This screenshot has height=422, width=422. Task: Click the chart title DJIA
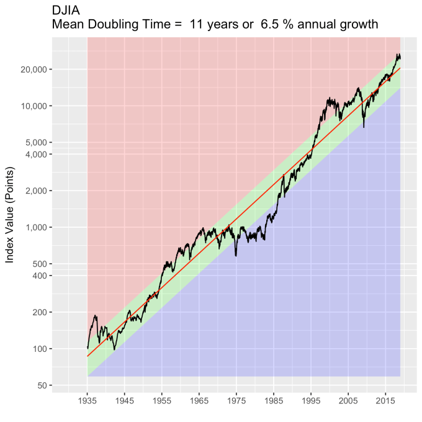pos(66,11)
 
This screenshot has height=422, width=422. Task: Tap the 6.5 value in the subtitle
pos(282,25)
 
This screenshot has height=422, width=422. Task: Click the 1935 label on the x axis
pos(88,402)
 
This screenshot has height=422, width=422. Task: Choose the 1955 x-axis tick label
pos(162,402)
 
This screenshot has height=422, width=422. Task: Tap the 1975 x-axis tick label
pos(236,402)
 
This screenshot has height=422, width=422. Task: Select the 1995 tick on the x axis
pos(311,402)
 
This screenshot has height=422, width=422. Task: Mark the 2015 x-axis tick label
pos(385,402)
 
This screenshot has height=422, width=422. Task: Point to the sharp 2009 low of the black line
pos(364,127)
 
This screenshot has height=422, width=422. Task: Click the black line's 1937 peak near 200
pos(95,316)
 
